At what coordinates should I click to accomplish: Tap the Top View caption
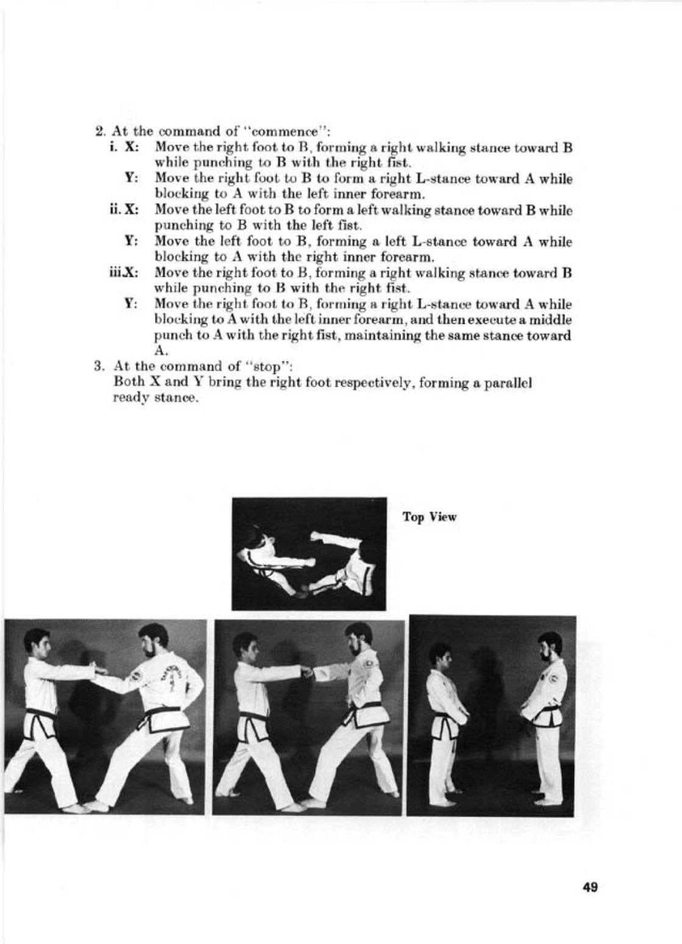click(429, 517)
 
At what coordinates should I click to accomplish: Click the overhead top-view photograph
click(309, 553)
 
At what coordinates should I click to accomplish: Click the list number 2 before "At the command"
click(99, 132)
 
